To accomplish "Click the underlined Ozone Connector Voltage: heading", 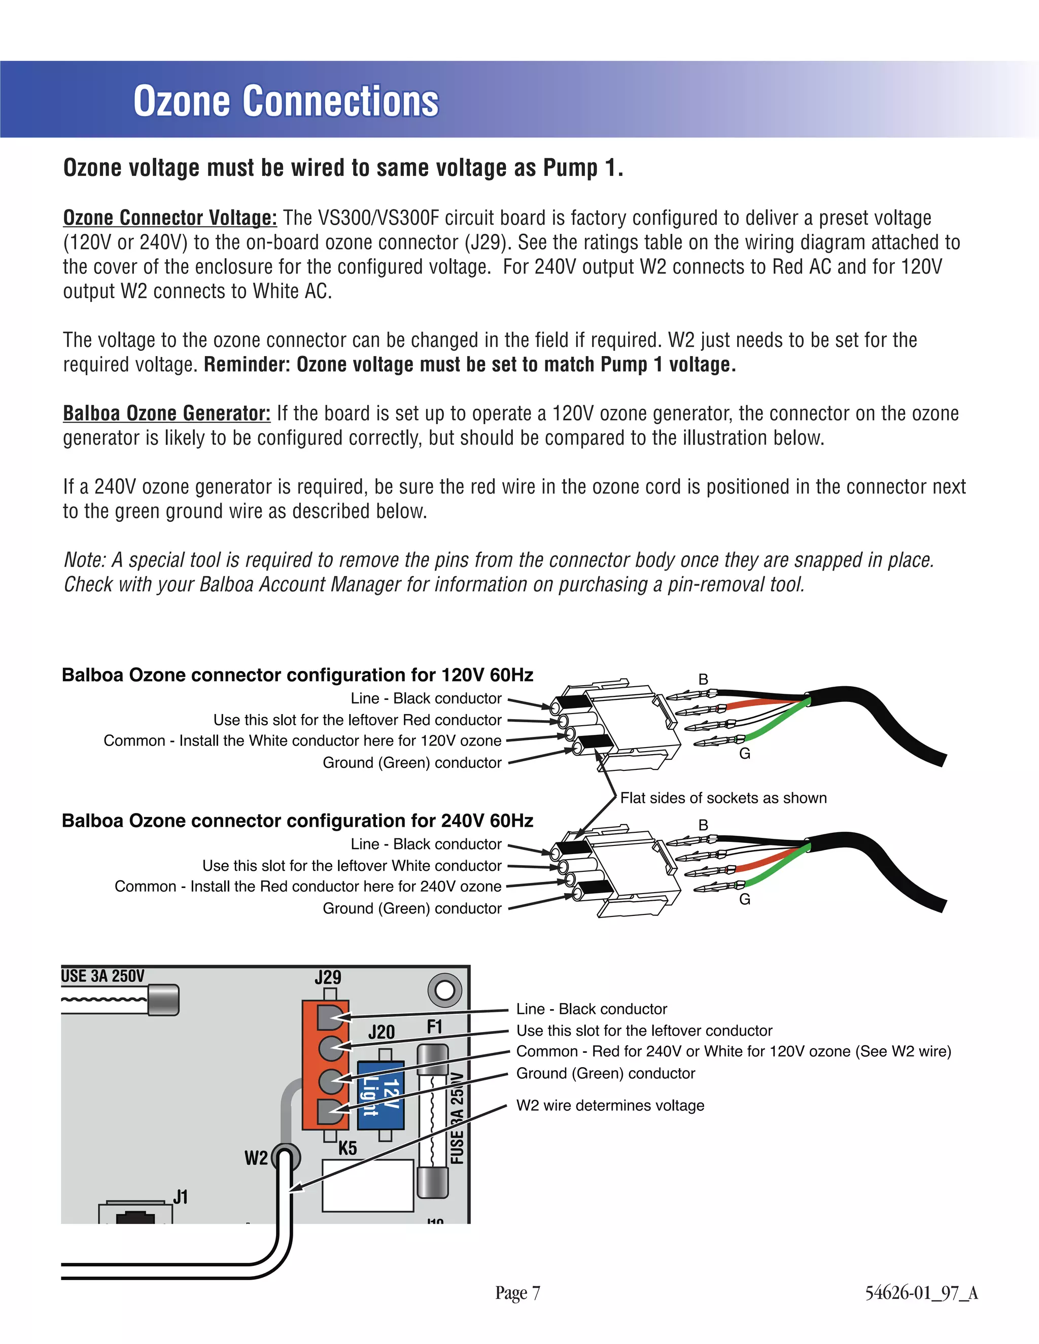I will pyautogui.click(x=170, y=218).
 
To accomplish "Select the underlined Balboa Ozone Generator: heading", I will pyautogui.click(x=167, y=413).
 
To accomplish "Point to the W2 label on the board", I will pyautogui.click(x=256, y=1158).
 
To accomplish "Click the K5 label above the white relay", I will pyautogui.click(x=348, y=1148).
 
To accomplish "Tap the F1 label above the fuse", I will pyautogui.click(x=435, y=1027).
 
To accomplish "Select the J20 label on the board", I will pyautogui.click(x=381, y=1032).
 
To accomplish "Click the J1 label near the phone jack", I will pyautogui.click(x=180, y=1197).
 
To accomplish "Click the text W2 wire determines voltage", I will pyautogui.click(x=610, y=1106).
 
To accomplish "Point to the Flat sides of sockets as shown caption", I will pyautogui.click(x=723, y=798).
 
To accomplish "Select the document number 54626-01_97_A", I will pyautogui.click(x=921, y=1293).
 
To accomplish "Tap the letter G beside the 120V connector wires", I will pyautogui.click(x=745, y=754).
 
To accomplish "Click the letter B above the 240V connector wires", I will pyautogui.click(x=703, y=825).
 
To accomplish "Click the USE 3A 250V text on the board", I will pyautogui.click(x=103, y=976).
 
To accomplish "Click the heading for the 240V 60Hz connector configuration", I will pyautogui.click(x=297, y=821).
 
